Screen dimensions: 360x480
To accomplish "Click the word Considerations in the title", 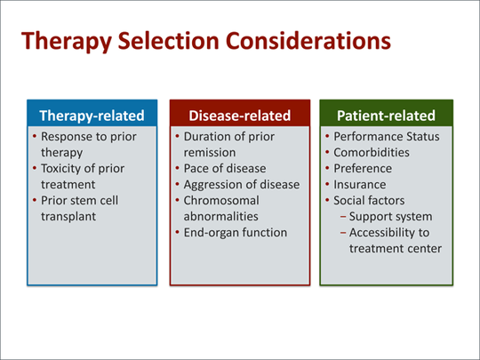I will tap(310, 41).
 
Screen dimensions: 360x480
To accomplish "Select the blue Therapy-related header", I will tap(92, 116).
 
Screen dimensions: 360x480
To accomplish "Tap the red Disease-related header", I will tap(239, 116).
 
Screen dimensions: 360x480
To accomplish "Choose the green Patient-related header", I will tap(386, 116).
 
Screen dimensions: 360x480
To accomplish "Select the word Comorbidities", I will tap(372, 152).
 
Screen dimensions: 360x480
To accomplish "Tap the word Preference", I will tap(363, 168).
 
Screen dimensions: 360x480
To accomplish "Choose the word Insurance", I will tap(361, 184).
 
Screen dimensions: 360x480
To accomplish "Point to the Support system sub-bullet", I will tap(391, 216).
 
